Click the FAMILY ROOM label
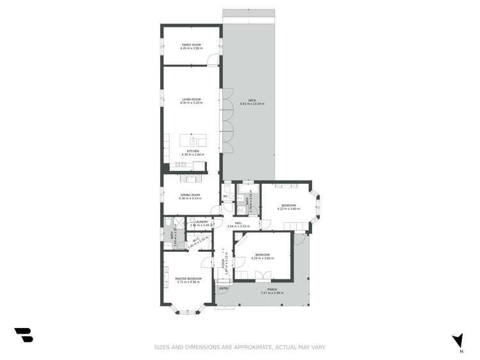tap(191, 45)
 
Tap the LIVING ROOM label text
tap(191, 99)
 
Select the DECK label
tap(252, 100)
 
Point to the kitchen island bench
tap(193, 140)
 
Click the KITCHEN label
tap(192, 151)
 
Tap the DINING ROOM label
tap(190, 195)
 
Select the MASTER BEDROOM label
tap(188, 279)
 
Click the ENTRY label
tap(223, 289)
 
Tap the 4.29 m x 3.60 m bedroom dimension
tap(263, 258)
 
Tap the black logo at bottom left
tap(23, 334)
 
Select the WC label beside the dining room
tap(226, 196)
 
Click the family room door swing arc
tap(212, 60)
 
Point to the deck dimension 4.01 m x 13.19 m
tap(252, 104)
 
